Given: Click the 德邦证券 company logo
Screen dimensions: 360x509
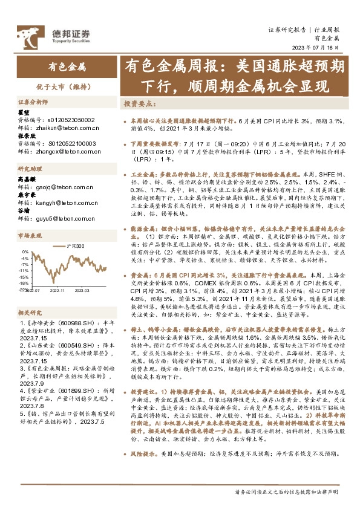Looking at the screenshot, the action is pos(53,34).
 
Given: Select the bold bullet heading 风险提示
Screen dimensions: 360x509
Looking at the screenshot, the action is pos(143,468).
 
